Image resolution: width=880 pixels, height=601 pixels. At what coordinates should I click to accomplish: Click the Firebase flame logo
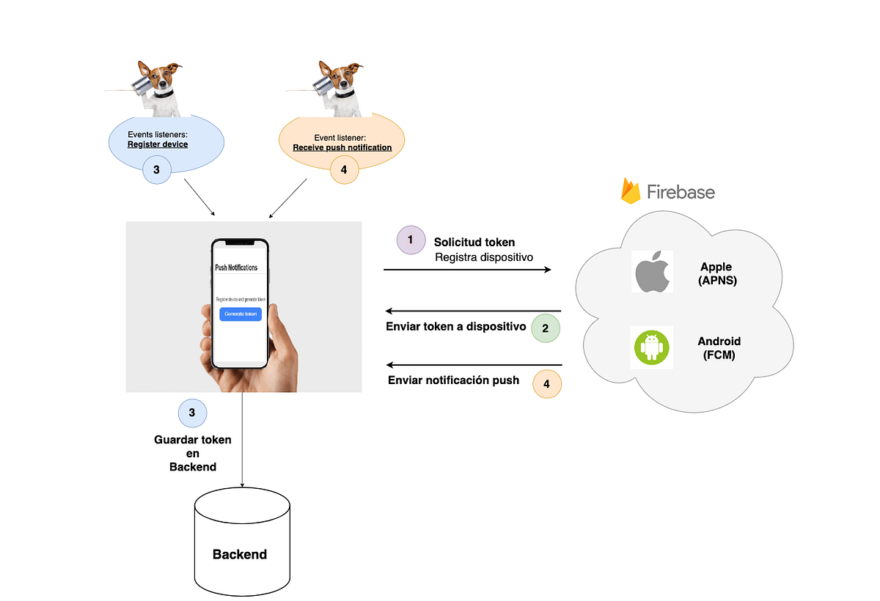point(630,191)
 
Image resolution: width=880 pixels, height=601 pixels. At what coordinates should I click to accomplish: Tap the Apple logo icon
point(652,271)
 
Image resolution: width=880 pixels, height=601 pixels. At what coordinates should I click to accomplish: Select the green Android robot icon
point(652,347)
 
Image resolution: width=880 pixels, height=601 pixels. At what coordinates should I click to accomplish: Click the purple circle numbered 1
point(411,240)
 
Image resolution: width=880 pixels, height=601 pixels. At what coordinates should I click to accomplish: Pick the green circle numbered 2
point(546,328)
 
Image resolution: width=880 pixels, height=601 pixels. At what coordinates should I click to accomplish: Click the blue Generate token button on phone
point(241,314)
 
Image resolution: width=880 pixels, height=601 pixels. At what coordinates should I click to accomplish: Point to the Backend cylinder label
point(240,554)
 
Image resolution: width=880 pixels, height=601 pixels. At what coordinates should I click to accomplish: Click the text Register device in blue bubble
point(158,144)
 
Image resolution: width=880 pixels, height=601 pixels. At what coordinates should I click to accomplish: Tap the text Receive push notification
point(342,147)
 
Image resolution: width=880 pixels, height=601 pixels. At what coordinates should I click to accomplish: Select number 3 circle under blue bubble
point(157,169)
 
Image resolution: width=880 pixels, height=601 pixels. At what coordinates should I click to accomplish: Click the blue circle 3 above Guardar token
point(192,413)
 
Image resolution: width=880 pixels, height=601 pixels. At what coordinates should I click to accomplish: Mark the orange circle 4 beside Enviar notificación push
point(546,383)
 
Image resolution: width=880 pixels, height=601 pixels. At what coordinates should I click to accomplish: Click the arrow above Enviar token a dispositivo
point(473,311)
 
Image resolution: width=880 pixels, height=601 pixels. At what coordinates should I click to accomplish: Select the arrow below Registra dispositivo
point(467,270)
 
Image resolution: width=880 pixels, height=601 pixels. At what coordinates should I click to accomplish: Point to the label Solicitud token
point(474,242)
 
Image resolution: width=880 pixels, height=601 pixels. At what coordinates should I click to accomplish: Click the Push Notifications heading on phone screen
point(236,268)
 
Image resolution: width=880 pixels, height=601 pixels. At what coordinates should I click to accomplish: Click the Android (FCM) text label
point(719,348)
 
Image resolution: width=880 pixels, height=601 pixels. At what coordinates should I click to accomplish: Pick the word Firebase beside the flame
point(681,192)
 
